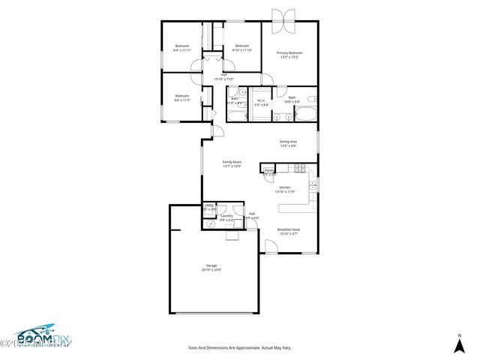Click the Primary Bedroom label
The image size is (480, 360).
(289, 53)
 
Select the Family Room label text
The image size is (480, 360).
(232, 162)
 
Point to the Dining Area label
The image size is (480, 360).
(289, 142)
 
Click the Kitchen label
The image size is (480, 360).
(285, 188)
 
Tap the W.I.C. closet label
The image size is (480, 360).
(262, 100)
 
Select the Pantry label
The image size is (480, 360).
(268, 171)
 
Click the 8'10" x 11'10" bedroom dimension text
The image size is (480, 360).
(242, 50)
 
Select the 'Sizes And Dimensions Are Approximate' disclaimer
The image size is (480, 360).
(240, 348)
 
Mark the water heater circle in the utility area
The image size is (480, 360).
(209, 223)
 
